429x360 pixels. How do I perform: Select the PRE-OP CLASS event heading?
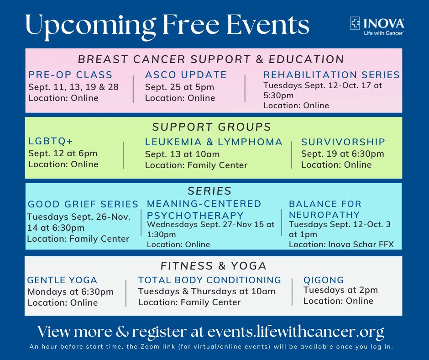(x=70, y=75)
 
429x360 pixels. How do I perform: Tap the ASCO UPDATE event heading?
(x=186, y=75)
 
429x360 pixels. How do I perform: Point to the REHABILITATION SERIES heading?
(x=331, y=75)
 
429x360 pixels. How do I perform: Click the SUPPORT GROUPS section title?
(x=212, y=127)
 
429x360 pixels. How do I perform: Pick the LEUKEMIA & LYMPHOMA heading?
(x=214, y=142)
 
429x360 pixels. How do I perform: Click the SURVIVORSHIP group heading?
(x=343, y=142)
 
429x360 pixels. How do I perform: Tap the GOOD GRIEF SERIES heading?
(x=83, y=204)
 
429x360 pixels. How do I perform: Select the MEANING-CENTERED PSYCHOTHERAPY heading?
(x=204, y=209)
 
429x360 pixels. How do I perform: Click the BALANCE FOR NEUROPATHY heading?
(x=325, y=209)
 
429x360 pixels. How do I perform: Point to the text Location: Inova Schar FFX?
(x=341, y=244)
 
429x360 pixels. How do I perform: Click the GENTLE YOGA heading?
(x=63, y=280)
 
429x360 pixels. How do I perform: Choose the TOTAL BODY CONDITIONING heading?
(x=209, y=280)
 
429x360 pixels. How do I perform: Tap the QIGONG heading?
(x=324, y=280)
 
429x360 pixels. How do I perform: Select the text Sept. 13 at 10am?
(x=182, y=154)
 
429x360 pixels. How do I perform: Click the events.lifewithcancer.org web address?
(x=295, y=331)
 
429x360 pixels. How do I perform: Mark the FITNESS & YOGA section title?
(x=213, y=265)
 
